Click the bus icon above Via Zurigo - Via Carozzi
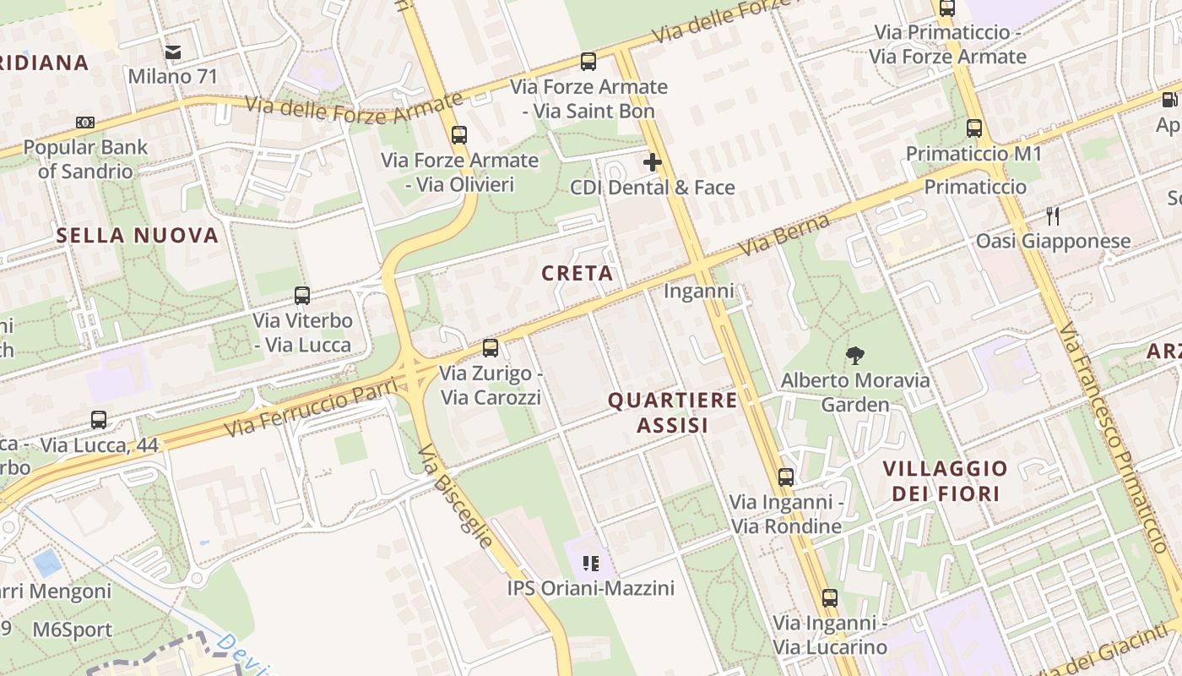[490, 347]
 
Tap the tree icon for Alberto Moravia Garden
[854, 355]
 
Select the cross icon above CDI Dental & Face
[653, 161]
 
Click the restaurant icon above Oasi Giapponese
[1053, 215]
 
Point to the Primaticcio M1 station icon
[974, 128]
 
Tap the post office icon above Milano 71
[173, 52]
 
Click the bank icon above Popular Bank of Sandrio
[84, 123]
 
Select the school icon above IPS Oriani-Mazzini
[591, 563]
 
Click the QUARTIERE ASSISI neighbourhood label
[673, 412]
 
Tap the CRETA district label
[577, 274]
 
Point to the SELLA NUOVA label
[138, 236]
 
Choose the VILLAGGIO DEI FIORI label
[946, 481]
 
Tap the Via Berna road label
[773, 235]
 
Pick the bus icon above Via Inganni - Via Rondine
[786, 477]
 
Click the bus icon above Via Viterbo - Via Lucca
[302, 296]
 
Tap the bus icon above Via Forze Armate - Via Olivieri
[459, 134]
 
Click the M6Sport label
[73, 630]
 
